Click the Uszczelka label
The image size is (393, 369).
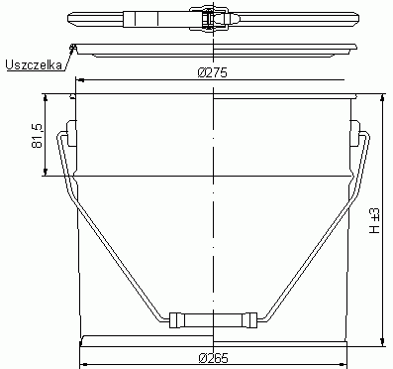point(34,64)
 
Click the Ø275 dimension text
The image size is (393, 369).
point(213,72)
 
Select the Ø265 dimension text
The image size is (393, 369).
point(213,358)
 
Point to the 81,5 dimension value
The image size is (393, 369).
point(38,135)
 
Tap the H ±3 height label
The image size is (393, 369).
point(374,221)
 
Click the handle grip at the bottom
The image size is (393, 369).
point(213,320)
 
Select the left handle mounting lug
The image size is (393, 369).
point(71,133)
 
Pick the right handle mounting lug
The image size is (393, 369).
point(355,133)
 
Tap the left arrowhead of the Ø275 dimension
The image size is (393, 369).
point(80,80)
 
